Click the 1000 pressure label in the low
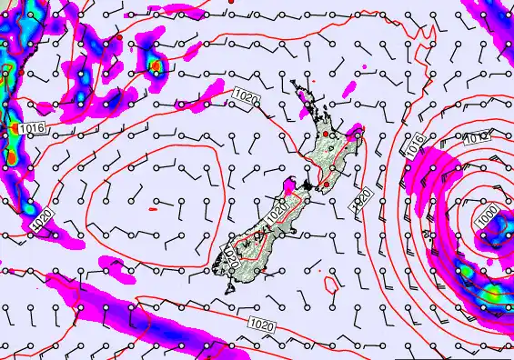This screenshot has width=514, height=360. tap(487, 219)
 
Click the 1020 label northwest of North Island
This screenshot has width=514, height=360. tap(244, 95)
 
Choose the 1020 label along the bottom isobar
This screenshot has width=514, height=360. tap(259, 323)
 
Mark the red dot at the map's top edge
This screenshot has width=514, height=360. tap(233, 2)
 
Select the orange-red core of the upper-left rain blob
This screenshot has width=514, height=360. tap(156, 65)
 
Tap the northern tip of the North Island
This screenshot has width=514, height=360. tap(294, 84)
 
